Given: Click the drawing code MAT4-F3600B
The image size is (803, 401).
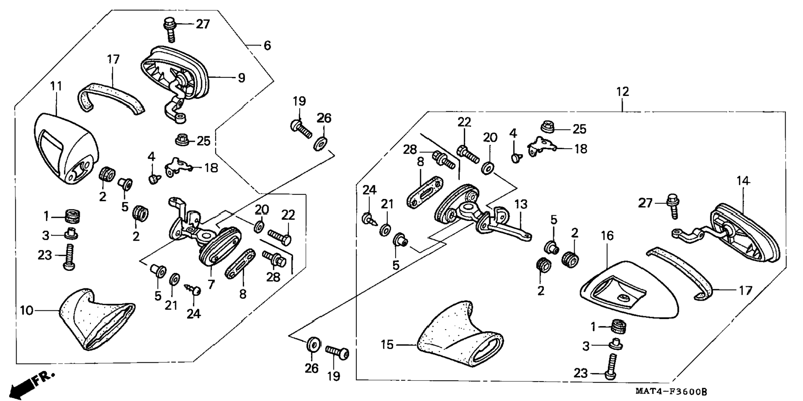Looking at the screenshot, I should click(671, 391).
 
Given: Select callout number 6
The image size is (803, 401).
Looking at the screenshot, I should click(267, 45).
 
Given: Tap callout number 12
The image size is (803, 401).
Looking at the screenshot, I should click(622, 91).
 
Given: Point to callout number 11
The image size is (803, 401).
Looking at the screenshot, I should click(56, 86).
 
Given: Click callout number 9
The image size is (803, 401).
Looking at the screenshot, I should click(241, 78).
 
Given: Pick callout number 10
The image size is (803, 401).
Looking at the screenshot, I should click(27, 310).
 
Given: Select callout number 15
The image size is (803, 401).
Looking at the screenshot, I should click(387, 344).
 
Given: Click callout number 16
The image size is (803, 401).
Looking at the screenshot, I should click(607, 236).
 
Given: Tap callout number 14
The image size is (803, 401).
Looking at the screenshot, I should click(743, 181).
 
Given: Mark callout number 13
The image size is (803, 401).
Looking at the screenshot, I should click(521, 204).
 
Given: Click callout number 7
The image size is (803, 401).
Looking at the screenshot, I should click(211, 285).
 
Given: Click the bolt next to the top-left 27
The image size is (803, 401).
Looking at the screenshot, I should click(170, 29).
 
